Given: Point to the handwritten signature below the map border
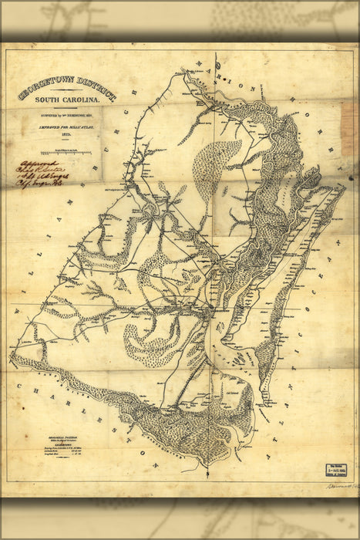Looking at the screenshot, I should tap(331, 487).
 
